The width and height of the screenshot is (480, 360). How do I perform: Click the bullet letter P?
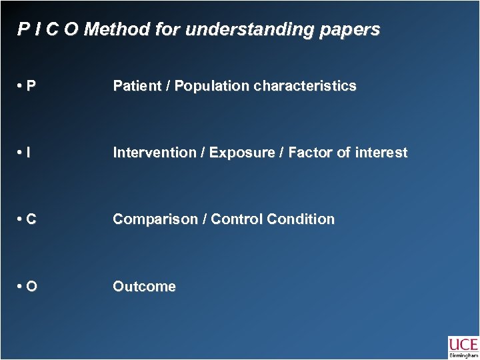[32, 86]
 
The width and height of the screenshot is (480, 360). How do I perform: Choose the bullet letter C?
[32, 219]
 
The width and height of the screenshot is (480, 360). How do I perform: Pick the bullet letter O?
[32, 287]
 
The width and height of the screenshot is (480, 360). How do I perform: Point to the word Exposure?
[237, 153]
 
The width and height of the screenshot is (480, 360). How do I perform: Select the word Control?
[235, 219]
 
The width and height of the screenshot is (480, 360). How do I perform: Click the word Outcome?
[144, 287]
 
